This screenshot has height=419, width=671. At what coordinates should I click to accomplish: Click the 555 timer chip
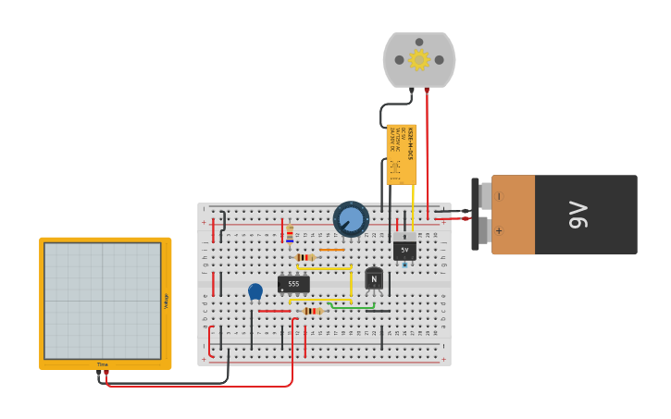coord(293,284)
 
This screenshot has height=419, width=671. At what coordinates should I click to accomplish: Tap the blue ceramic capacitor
coord(255,291)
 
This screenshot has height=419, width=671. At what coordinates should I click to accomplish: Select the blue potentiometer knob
coord(351,219)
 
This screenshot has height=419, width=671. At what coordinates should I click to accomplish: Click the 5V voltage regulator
coord(404,250)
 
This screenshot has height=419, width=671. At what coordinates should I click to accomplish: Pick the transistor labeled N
coord(374,278)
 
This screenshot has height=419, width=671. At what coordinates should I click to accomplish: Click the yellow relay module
coord(402,154)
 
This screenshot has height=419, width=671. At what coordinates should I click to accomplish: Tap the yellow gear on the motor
coord(419,59)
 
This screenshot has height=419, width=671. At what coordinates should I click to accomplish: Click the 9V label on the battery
coord(578,215)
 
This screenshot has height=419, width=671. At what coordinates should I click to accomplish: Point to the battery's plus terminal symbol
coord(500,231)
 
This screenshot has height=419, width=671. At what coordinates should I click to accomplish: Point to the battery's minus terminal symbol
coord(500,196)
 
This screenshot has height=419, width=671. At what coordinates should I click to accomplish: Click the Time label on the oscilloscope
coord(103,364)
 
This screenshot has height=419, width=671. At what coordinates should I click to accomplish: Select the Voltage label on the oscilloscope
coord(167,301)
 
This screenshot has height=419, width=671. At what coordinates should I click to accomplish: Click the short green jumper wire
coord(352,305)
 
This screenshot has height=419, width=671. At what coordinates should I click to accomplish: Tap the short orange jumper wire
coord(331,250)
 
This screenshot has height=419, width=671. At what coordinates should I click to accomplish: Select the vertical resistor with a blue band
coord(290,233)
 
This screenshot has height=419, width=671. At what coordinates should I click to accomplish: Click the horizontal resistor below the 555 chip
coord(312,311)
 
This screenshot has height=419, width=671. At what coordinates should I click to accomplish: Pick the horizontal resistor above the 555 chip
coord(304,257)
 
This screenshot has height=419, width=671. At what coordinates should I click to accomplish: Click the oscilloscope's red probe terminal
coord(106,372)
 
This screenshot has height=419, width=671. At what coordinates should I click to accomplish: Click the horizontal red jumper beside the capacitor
coord(274,311)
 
